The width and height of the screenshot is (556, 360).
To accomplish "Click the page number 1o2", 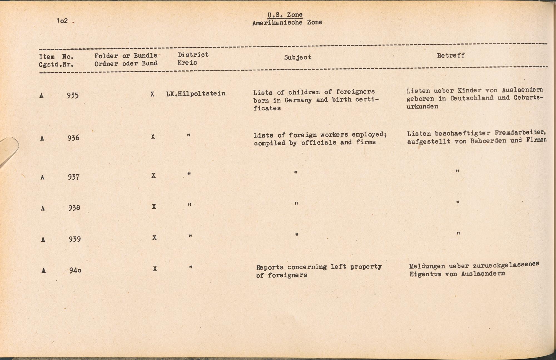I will [62, 21].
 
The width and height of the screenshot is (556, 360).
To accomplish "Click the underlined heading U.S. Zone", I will [285, 15].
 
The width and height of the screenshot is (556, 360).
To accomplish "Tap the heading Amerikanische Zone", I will [287, 23].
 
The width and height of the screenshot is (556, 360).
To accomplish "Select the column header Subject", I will [297, 57].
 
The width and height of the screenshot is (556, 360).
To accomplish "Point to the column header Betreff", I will [451, 55].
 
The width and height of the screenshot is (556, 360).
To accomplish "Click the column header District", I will [193, 55].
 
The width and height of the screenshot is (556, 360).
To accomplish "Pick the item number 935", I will [73, 95].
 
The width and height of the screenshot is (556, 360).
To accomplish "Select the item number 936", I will [73, 138].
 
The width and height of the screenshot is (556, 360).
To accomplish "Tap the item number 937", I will [74, 177].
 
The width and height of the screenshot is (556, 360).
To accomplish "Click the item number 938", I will [74, 208].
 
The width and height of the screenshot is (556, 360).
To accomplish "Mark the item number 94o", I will [75, 270].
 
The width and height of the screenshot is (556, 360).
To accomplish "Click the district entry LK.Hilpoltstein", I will [196, 93].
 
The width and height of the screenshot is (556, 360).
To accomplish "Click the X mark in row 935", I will [152, 94].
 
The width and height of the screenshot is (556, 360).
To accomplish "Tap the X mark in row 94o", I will [155, 269].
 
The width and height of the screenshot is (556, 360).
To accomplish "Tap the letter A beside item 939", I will [43, 240].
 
